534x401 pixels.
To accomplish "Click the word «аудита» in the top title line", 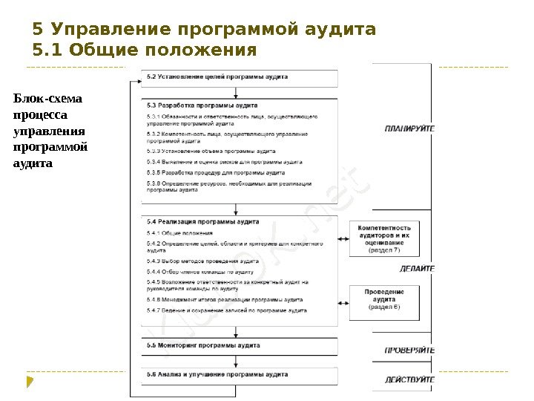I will point(342,30).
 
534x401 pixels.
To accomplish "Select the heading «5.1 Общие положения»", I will point(145,52).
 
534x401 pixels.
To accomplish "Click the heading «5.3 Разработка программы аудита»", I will point(202,106).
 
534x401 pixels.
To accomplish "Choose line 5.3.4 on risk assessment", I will point(224,161).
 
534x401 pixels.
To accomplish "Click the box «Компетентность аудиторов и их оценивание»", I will point(383,238).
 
